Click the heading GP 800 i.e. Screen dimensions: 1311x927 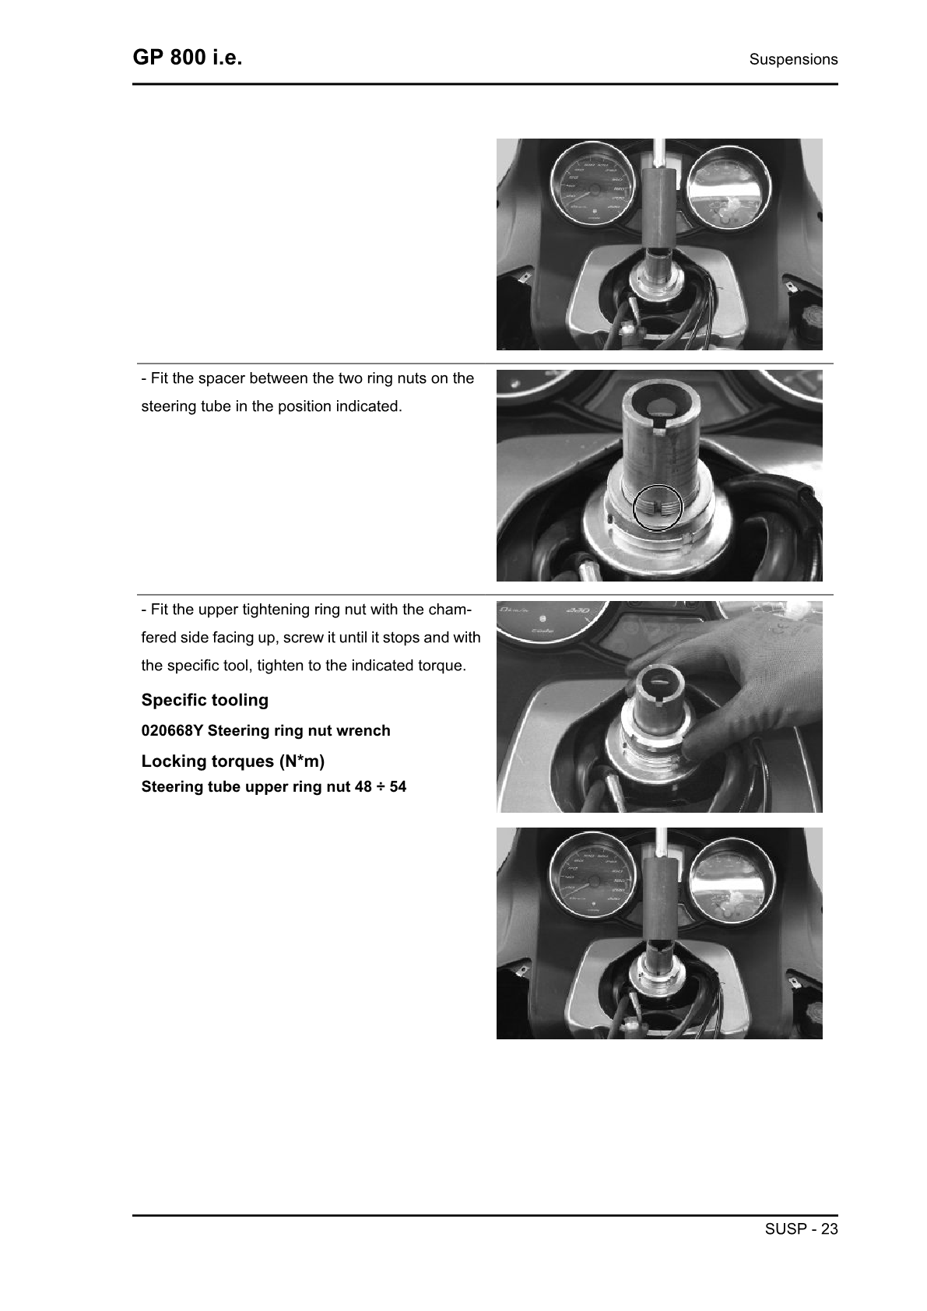pos(187,58)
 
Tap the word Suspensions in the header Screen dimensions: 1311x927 pos(793,59)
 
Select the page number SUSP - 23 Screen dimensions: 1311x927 pos(801,1229)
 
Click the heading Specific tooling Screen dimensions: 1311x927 pos(205,700)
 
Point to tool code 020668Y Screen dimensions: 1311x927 pos(172,731)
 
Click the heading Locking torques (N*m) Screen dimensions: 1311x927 pos(233,761)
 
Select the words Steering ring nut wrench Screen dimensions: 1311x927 pos(299,731)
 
